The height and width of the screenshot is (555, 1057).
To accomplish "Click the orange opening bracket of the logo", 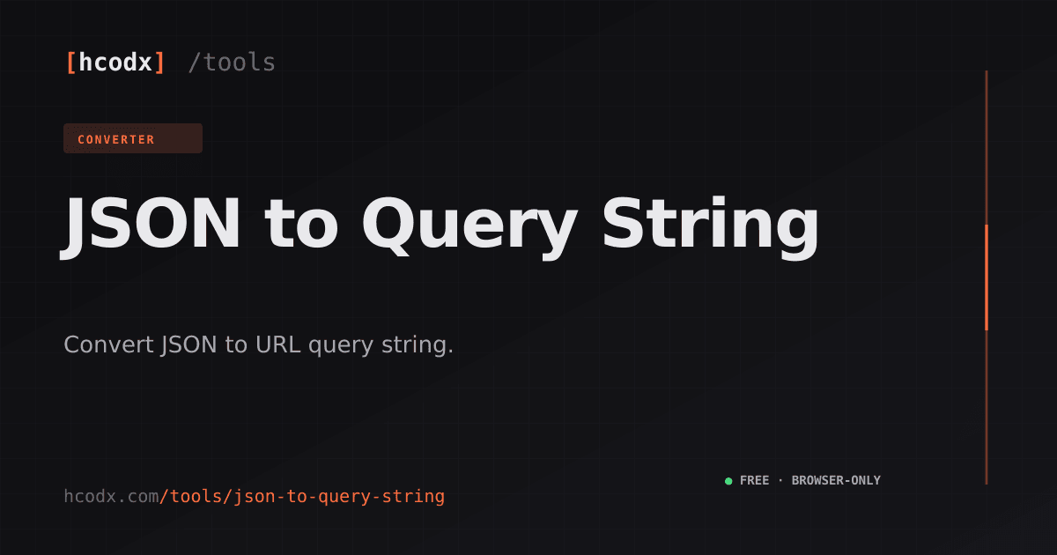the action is pyautogui.click(x=71, y=63).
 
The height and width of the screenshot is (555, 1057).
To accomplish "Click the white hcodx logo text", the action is pyautogui.click(x=115, y=63).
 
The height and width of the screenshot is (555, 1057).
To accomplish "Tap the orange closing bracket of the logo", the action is pyautogui.click(x=159, y=63).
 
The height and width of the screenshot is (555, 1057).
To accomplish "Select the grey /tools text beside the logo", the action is pyautogui.click(x=231, y=63).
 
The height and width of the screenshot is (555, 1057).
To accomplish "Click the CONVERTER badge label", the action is pyautogui.click(x=116, y=140).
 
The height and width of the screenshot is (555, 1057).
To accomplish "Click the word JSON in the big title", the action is pyautogui.click(x=150, y=223).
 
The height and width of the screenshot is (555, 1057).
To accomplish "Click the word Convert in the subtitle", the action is pyautogui.click(x=109, y=344).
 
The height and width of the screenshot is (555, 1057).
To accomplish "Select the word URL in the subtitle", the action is pyautogui.click(x=278, y=344).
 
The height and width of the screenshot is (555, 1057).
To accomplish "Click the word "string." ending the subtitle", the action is pyautogui.click(x=418, y=345).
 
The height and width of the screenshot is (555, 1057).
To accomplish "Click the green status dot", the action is pyautogui.click(x=728, y=481).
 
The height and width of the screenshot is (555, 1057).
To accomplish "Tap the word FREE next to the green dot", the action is pyautogui.click(x=755, y=480).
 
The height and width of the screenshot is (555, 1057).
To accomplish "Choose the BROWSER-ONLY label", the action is pyautogui.click(x=836, y=480).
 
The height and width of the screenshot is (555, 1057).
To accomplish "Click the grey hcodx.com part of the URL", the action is pyautogui.click(x=111, y=497).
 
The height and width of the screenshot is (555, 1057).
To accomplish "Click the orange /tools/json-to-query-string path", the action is pyautogui.click(x=302, y=497).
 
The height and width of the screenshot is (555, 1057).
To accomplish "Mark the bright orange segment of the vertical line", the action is pyautogui.click(x=987, y=277).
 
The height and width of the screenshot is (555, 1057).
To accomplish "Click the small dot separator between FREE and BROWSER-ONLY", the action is pyautogui.click(x=780, y=480).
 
